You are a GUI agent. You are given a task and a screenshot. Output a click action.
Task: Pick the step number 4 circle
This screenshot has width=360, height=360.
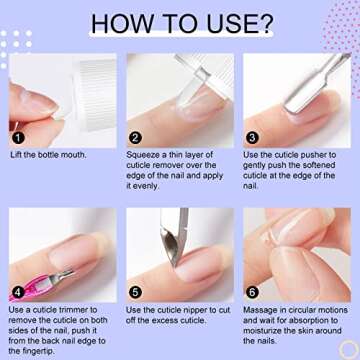(17, 293)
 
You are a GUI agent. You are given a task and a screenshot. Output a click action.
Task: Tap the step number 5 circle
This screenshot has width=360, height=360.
(136, 293)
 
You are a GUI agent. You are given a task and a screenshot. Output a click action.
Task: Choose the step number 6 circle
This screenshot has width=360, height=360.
(253, 293)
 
